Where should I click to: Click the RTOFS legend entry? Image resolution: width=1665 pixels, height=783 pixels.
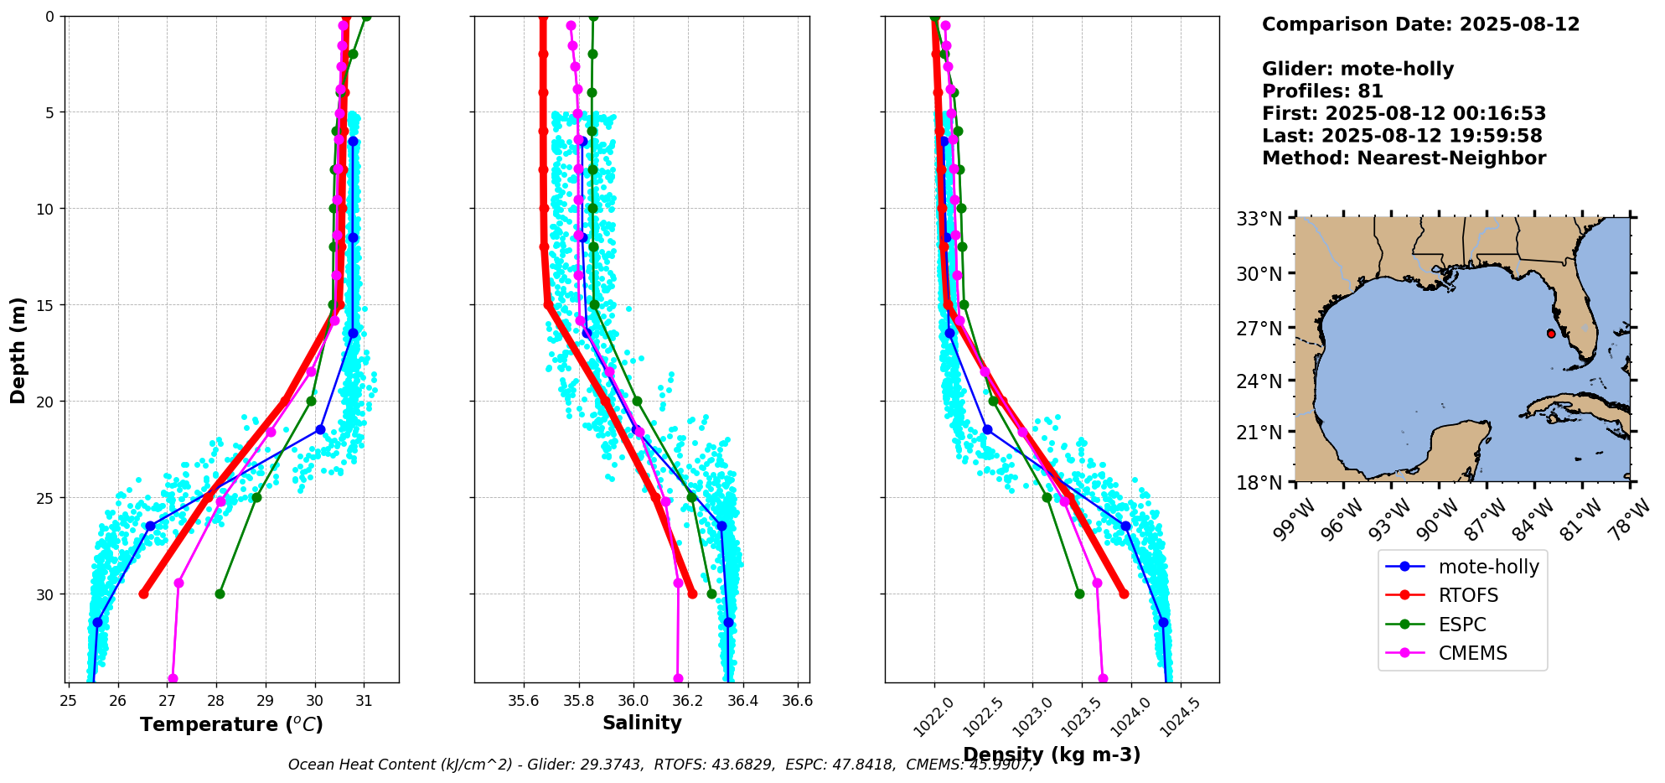point(1467,595)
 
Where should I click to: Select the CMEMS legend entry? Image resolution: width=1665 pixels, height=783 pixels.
point(1472,653)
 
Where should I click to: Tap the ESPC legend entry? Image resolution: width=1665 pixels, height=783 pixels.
point(1461,625)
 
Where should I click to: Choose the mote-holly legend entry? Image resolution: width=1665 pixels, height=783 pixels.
point(1488,567)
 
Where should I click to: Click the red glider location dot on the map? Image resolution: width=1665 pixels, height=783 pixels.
point(1551,334)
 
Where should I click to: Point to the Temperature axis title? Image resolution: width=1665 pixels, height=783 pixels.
point(231,724)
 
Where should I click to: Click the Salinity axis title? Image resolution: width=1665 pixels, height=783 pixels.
point(642,723)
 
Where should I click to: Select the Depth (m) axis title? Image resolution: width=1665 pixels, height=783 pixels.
point(18,350)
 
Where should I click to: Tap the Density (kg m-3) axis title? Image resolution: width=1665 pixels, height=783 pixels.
point(1052,754)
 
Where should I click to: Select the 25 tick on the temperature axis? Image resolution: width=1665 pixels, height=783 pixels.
point(69,700)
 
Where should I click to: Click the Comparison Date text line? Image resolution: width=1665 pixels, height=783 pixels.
point(1420,24)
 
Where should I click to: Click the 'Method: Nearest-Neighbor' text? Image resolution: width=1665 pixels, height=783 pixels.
point(1404,158)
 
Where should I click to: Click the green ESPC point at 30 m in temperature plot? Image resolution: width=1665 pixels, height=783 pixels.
point(220,594)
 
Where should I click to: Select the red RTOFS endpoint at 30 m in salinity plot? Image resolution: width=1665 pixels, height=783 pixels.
point(692,594)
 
